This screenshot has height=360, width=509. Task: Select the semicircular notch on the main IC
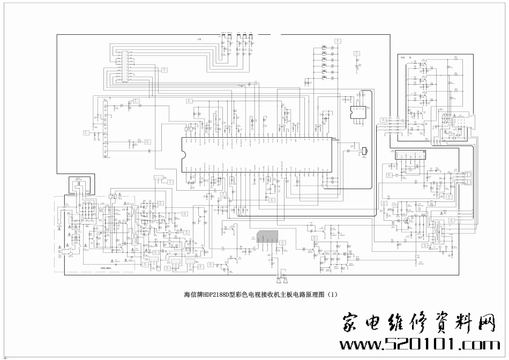coord(182,152)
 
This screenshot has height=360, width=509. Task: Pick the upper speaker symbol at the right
coord(468,174)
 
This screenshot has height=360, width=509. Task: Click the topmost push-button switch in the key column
coord(324,47)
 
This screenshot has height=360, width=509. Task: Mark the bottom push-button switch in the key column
coord(324,78)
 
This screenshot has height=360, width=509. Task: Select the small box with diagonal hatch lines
coord(188,129)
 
